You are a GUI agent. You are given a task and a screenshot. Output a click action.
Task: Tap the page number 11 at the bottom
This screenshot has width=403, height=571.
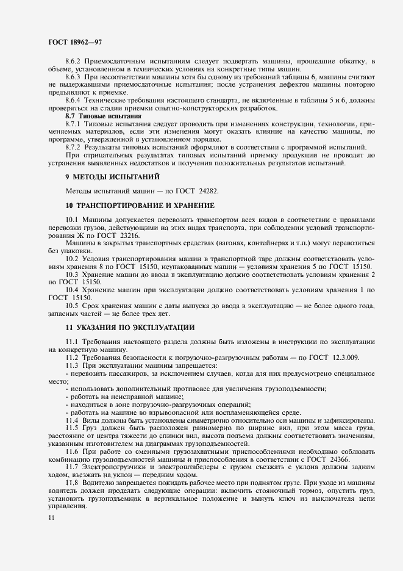[52, 517]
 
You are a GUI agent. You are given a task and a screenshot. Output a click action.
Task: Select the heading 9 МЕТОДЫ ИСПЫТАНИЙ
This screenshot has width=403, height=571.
[113, 177]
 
